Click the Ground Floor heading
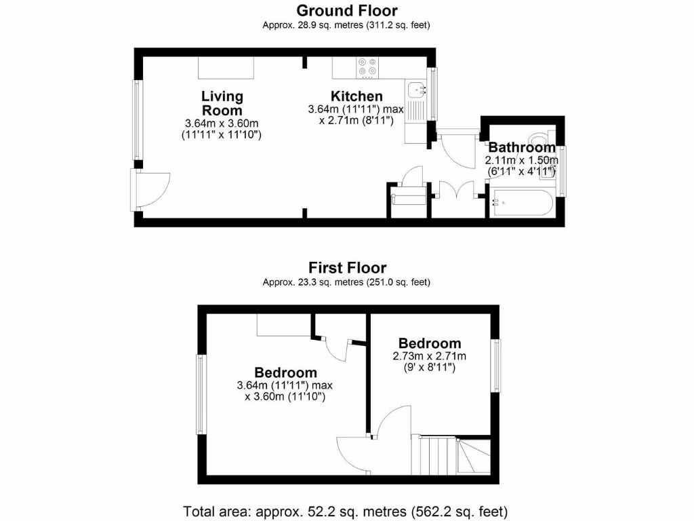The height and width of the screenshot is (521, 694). point(347,10)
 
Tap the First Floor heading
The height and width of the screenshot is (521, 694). point(347,267)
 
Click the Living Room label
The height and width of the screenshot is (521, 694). point(222,103)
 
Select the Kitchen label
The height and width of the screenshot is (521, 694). point(356,96)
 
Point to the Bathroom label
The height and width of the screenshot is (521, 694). point(521,147)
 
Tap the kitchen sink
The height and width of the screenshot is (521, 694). point(415,89)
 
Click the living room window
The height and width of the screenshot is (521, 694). point(138,120)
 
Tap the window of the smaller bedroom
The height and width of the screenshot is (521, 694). point(497,366)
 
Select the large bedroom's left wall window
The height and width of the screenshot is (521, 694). point(201,394)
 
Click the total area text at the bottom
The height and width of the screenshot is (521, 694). point(347,510)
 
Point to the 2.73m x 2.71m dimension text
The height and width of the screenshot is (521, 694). point(430,356)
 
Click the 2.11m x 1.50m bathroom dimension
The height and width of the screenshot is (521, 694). point(521,161)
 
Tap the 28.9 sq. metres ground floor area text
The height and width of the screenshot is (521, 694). point(347,25)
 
